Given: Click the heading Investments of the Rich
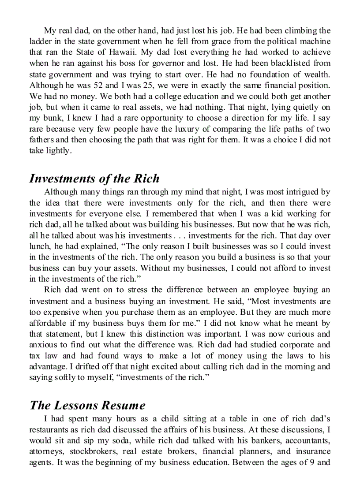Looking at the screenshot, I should pos(94,179).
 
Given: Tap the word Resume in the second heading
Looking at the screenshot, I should pos(123,405).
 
